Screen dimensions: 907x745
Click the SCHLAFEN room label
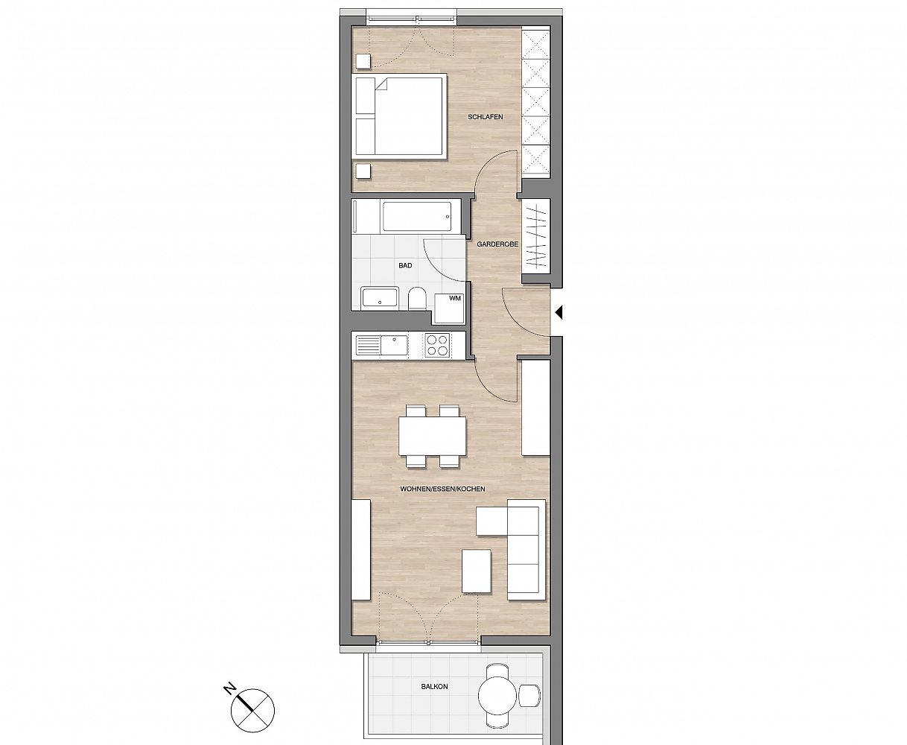pyautogui.click(x=485, y=117)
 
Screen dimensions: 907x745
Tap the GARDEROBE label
pyautogui.click(x=497, y=244)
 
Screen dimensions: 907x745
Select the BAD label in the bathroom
pyautogui.click(x=405, y=265)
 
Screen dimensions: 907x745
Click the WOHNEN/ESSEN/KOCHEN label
pyautogui.click(x=442, y=489)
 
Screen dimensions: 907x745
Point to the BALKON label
pyautogui.click(x=434, y=686)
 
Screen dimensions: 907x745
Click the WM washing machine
pyautogui.click(x=450, y=308)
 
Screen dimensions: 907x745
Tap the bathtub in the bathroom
pyautogui.click(x=417, y=217)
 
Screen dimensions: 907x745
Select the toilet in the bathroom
pyautogui.click(x=417, y=298)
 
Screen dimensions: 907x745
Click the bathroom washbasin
pyautogui.click(x=380, y=297)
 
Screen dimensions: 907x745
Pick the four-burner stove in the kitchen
pyautogui.click(x=438, y=345)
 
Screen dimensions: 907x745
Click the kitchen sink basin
pyautogui.click(x=395, y=345)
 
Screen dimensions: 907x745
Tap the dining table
pyautogui.click(x=432, y=436)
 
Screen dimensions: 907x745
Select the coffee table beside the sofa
pyautogui.click(x=477, y=571)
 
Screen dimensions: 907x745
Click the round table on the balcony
pyautogui.click(x=497, y=695)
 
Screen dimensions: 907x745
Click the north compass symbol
pyautogui.click(x=252, y=710)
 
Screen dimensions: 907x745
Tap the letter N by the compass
pyautogui.click(x=230, y=685)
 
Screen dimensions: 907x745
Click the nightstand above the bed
pyautogui.click(x=363, y=62)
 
